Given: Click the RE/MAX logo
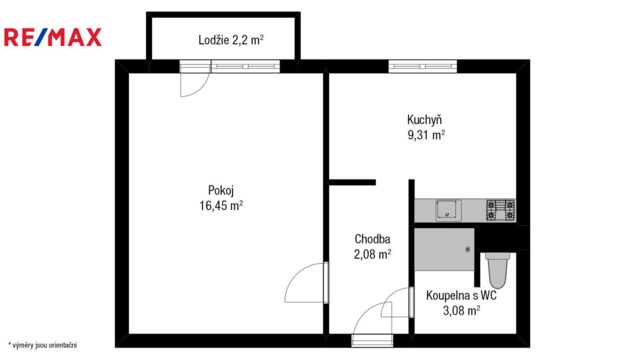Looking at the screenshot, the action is coord(53,38).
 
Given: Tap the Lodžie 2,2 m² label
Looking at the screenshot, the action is coord(231,40).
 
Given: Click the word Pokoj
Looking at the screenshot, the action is coord(221,191).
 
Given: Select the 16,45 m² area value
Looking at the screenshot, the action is coord(221,205).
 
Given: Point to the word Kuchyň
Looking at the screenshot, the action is coord(424,120).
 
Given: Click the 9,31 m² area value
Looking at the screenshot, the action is coord(426,135).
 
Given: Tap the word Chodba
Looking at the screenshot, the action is coord(372,239).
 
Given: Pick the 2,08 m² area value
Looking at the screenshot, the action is coord(373,254).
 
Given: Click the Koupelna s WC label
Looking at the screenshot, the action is coord(461,295).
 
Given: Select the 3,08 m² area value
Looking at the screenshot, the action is coord(462,311).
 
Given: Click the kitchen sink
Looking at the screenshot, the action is coord(448,210).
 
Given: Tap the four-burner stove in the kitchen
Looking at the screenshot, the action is coord(501,210).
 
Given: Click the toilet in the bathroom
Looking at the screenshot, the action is coord(498,269).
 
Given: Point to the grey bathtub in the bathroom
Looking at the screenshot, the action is coord(444,249).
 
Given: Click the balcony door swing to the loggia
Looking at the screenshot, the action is coord(195,84).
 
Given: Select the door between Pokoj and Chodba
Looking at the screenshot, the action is coord(306,282).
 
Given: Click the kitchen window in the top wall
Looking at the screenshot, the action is coord(422,66).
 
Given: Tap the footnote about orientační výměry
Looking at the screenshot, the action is coord(42,345).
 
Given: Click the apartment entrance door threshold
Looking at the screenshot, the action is coord(372,340).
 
